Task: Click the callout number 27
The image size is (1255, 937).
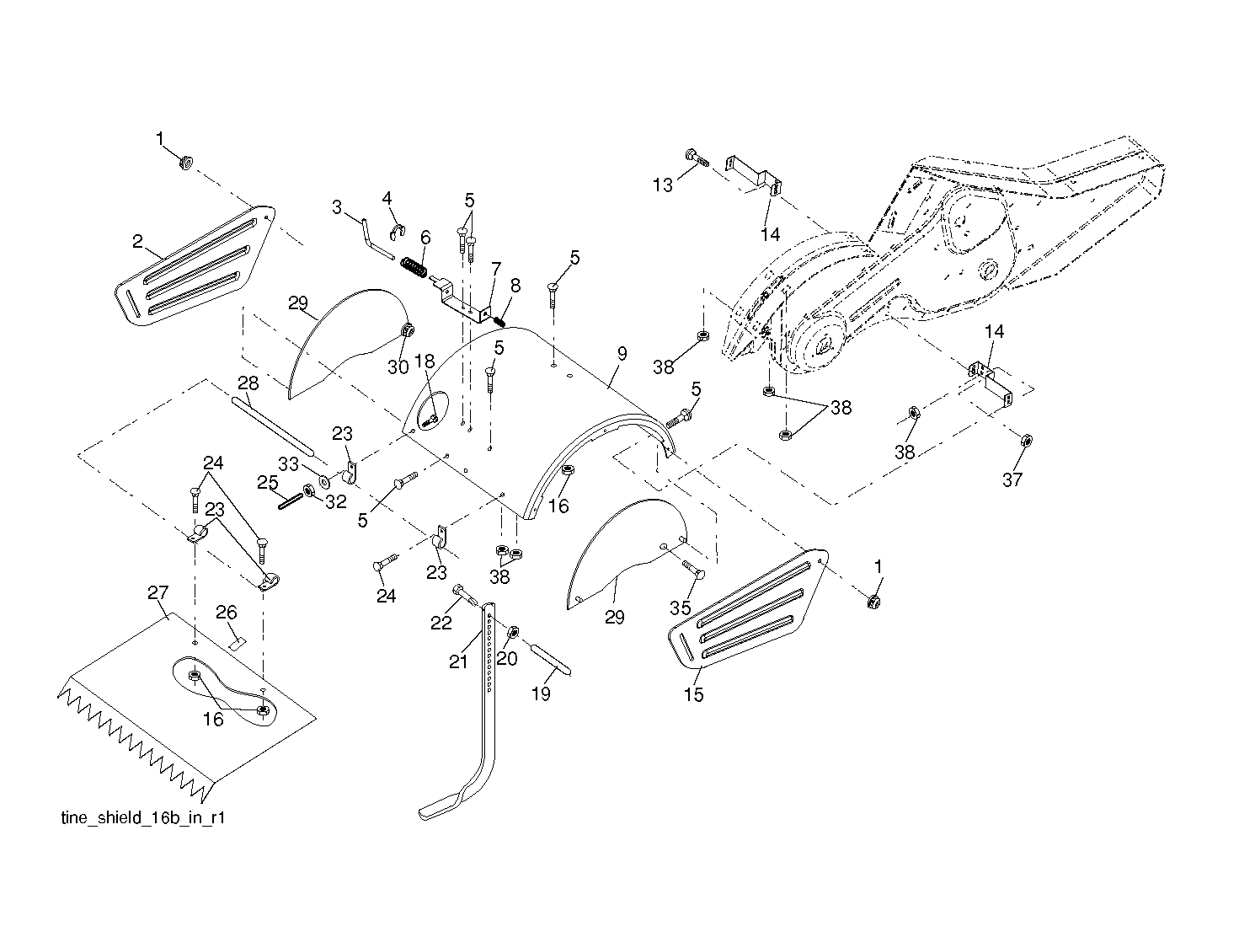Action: click(x=158, y=592)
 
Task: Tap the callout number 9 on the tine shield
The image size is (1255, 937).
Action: click(x=622, y=354)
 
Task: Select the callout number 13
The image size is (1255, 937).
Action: click(x=663, y=185)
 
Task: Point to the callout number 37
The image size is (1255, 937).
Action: click(x=1012, y=479)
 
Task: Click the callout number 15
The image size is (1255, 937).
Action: click(x=693, y=694)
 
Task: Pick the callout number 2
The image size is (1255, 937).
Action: click(x=137, y=241)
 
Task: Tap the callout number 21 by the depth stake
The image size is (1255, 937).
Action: click(x=458, y=661)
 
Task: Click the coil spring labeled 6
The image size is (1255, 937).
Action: click(x=414, y=268)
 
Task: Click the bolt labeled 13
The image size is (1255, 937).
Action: click(x=697, y=158)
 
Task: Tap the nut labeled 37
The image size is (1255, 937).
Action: click(x=1026, y=441)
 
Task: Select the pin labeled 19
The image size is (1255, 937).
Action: click(x=550, y=658)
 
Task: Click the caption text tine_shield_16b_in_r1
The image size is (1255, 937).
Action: click(x=143, y=818)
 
